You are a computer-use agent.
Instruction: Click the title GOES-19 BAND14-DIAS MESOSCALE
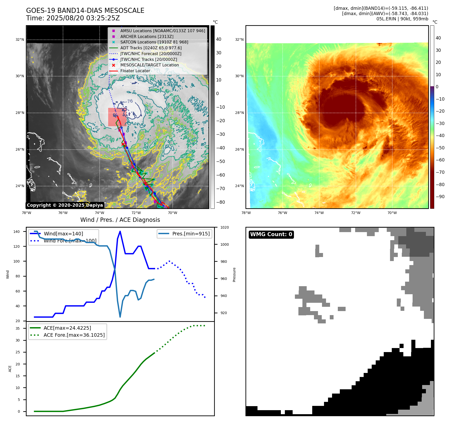[85, 11]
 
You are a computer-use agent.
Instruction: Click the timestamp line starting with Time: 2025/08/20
[73, 18]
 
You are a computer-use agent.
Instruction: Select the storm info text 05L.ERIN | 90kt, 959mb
[402, 19]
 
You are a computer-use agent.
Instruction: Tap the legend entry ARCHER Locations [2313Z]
[147, 36]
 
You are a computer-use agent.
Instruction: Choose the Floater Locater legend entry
[135, 71]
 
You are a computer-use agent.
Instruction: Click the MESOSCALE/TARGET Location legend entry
[149, 65]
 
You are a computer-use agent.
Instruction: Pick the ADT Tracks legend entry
[151, 48]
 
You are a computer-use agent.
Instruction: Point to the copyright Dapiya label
[65, 205]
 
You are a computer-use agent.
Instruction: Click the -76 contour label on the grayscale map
[130, 101]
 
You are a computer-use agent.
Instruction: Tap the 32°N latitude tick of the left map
[20, 39]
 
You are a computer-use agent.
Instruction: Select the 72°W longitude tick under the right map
[356, 213]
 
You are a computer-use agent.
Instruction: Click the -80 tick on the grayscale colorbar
[221, 202]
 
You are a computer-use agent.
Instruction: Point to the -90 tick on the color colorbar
[440, 197]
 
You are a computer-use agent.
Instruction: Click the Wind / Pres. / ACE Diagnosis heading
[120, 220]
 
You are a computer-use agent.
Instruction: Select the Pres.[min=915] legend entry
[191, 234]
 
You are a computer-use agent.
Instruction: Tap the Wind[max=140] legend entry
[63, 234]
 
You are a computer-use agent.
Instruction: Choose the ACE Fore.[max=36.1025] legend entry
[74, 335]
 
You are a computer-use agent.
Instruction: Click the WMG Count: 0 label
[271, 234]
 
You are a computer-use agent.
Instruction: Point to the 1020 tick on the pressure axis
[224, 227]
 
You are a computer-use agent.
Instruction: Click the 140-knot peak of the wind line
[120, 231]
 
